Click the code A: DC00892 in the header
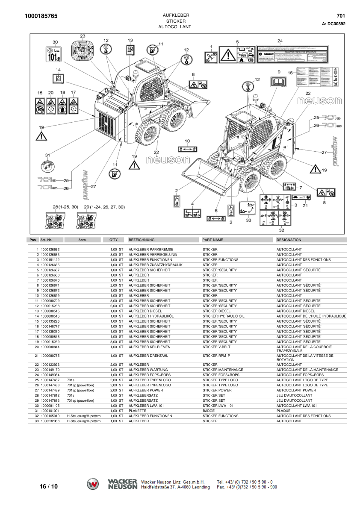coord(333,24)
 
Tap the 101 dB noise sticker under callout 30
coord(54,55)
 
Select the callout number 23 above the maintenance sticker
coord(83,36)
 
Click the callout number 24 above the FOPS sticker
coord(280,41)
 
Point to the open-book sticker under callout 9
coord(278,81)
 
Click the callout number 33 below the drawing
coord(248,221)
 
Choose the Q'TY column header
coord(113,240)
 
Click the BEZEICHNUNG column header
coord(142,240)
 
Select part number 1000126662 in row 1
coord(50,250)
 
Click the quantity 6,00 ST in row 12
coord(116,306)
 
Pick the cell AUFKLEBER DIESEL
coord(146,311)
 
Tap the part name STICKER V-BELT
coord(216,347)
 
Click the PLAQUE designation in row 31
coord(283,411)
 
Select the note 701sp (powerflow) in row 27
coord(80,390)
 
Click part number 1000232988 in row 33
coord(50,421)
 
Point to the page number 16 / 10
coord(48,486)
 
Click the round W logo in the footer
coord(93,484)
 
